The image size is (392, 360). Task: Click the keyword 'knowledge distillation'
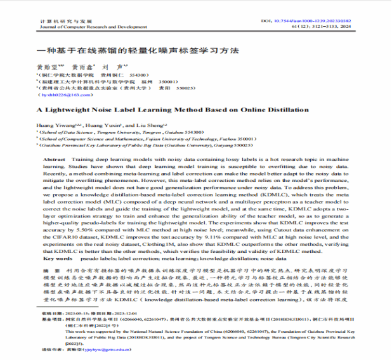point(240,259)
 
